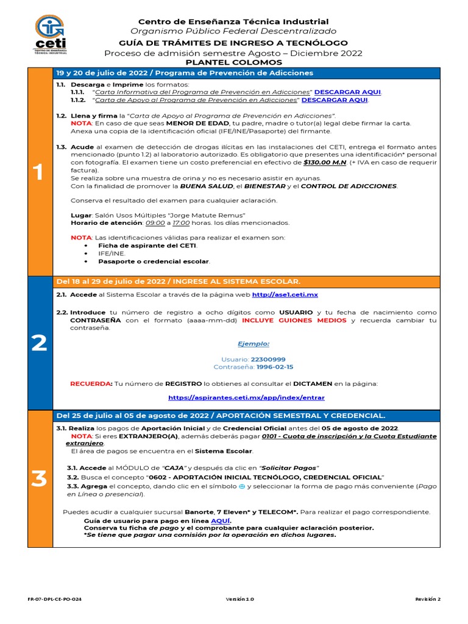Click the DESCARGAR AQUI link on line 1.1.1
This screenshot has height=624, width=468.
tap(347, 92)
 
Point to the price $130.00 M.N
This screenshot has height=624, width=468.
tap(325, 163)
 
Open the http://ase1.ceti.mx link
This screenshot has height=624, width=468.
tap(285, 294)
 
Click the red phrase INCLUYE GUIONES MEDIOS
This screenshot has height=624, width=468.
tap(294, 320)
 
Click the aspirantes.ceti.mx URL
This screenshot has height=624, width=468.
tap(246, 397)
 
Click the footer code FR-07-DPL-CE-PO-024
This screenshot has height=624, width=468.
tap(55, 599)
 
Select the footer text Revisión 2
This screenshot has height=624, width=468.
tap(428, 599)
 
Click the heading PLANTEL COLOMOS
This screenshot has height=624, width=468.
tap(233, 62)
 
